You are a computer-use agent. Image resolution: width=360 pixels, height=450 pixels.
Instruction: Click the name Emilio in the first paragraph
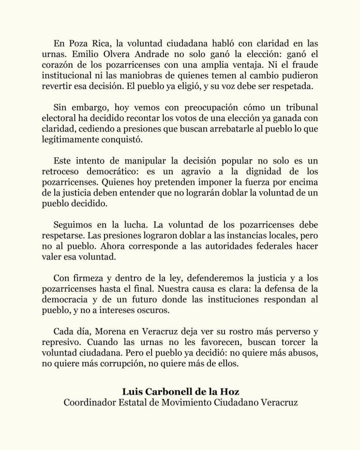tap(71, 52)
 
